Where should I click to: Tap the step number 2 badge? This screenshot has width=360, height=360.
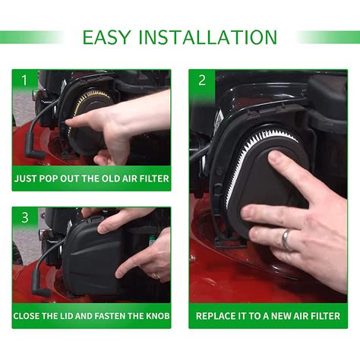(201, 80)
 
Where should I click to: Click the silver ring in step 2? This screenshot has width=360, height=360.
(286, 239)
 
